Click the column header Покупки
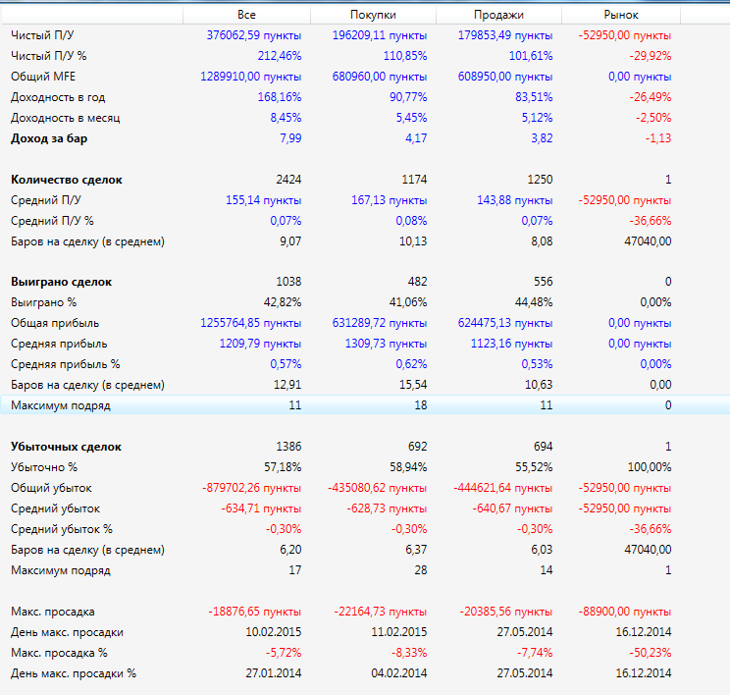373,15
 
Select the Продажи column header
497,15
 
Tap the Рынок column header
621,15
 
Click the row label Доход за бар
50,138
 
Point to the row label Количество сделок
67,180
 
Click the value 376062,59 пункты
254,35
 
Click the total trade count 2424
288,180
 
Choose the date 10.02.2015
274,632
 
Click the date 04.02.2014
398,673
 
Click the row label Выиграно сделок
61,282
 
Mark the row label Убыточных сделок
66,447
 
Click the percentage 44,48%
530,302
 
